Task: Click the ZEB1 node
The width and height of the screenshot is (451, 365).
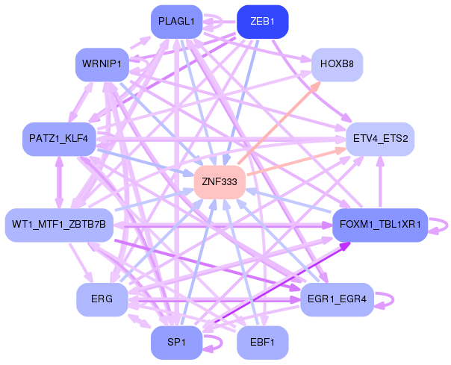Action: [x=262, y=22]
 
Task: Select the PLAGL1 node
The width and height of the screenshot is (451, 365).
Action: [x=176, y=22]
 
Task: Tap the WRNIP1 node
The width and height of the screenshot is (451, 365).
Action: [x=102, y=64]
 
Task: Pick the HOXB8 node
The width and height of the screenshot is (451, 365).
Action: [x=337, y=64]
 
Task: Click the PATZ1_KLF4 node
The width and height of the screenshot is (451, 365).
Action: [x=59, y=140]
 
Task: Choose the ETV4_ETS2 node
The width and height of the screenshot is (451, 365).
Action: [x=380, y=140]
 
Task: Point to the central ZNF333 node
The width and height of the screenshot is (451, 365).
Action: [x=220, y=182]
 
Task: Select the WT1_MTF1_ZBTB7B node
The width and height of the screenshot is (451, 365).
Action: [x=59, y=225]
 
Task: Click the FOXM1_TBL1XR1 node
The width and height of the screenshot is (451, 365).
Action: [x=380, y=225]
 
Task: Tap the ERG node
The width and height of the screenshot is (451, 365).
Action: [x=102, y=299]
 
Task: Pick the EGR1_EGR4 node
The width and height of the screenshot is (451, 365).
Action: [x=337, y=299]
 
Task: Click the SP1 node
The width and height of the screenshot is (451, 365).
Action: [x=176, y=343]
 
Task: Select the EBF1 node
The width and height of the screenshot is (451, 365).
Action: [x=262, y=343]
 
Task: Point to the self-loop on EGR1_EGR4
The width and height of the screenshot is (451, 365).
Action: [x=394, y=299]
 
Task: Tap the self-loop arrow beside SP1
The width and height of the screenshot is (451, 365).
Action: [x=222, y=343]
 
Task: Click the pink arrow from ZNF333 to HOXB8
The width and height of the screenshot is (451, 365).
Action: [x=280, y=122]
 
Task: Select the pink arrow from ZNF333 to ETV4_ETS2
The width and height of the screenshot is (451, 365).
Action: [x=296, y=161]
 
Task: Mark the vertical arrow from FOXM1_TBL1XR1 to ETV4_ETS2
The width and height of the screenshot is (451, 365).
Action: [x=380, y=182]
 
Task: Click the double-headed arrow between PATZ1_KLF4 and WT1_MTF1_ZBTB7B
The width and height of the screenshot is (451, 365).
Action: [x=59, y=182]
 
